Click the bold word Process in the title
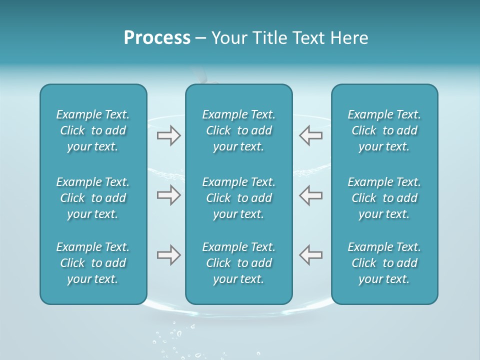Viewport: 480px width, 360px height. click(157, 38)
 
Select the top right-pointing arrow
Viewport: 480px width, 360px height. click(169, 135)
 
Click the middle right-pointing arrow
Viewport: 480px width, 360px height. click(169, 195)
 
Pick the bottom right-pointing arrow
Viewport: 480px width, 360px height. click(169, 255)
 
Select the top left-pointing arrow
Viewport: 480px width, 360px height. click(311, 135)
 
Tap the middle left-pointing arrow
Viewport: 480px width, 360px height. click(311, 195)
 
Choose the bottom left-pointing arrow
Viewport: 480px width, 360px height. click(311, 255)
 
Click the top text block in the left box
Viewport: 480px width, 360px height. click(93, 130)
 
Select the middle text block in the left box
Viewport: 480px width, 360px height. click(93, 198)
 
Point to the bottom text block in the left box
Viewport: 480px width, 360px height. click(93, 263)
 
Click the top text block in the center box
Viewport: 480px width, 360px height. click(238, 130)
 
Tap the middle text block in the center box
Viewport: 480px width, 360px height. click(238, 198)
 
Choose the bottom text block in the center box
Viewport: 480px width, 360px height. click(238, 263)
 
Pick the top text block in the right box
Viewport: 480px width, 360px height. click(384, 130)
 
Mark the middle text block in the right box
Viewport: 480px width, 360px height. click(384, 198)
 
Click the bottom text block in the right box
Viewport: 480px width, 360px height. click(384, 263)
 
